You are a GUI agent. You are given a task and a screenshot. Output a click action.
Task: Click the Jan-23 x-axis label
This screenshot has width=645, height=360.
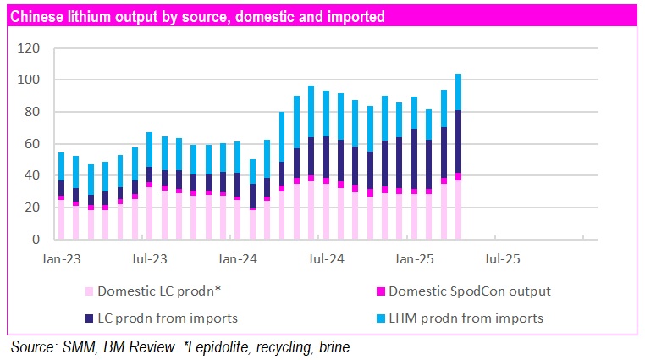(x=61, y=257)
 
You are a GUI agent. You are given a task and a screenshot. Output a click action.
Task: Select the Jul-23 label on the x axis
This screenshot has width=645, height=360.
(x=148, y=257)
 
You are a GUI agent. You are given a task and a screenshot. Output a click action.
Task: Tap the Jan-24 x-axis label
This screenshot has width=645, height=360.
(x=237, y=257)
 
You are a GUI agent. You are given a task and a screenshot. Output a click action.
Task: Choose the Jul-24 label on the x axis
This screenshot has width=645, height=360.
(x=323, y=257)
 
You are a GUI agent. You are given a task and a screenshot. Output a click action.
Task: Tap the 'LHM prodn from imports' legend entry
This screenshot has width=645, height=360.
(x=465, y=318)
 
